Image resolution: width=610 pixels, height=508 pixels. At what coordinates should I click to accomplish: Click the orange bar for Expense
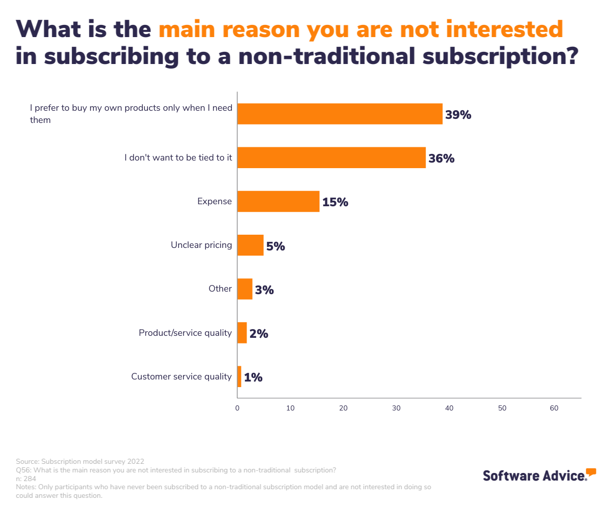coord(279,202)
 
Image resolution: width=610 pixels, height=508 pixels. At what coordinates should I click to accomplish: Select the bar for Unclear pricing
coord(251,245)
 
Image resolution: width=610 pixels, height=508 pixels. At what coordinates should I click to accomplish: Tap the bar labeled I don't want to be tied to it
coord(331,158)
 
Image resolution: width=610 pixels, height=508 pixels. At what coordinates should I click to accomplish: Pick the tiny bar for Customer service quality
coord(239,377)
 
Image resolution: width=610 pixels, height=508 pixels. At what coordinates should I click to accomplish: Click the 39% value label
coord(458,115)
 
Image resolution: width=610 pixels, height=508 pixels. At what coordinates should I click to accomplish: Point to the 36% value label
coord(441,158)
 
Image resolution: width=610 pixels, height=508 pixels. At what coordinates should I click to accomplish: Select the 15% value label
coord(335,202)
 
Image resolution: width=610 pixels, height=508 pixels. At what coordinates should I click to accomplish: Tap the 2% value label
coord(259,334)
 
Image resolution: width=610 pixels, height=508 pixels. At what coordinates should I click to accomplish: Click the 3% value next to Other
coord(264,290)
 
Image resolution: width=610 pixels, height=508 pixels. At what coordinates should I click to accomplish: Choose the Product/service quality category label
coord(185,333)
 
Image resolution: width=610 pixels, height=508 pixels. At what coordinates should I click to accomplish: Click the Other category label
coord(220,289)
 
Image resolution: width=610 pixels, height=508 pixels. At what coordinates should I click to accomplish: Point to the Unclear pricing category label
coord(201,245)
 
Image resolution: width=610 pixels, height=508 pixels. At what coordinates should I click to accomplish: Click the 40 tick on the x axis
coord(449,408)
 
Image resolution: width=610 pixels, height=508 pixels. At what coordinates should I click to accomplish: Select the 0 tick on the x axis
coord(237,408)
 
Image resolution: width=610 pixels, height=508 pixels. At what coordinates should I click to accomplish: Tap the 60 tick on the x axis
coord(555,408)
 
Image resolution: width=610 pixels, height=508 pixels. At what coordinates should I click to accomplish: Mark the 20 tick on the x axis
coord(343,408)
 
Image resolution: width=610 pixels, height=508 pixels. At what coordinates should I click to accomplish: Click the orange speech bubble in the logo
coord(591,471)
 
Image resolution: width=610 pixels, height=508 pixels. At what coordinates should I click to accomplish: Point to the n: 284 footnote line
coord(26,479)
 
